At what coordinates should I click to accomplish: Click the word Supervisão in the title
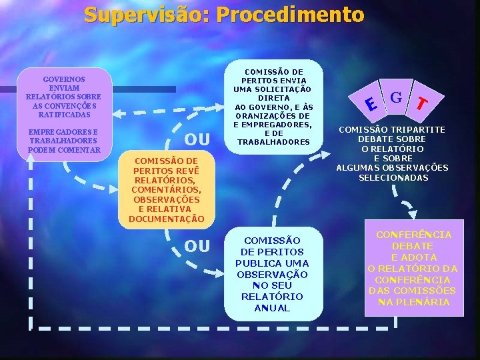coord(143,15)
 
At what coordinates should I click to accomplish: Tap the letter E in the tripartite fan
coord(371,103)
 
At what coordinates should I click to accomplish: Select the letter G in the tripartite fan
coord(395,97)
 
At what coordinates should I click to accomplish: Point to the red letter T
coord(421,103)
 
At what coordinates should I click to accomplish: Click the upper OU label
coord(197,140)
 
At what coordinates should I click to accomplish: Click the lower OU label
coord(197,247)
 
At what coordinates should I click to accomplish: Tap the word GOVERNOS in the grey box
coord(65,79)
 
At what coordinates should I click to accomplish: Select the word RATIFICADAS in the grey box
coord(65,115)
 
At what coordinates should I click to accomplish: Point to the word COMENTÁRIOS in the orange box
coord(166,190)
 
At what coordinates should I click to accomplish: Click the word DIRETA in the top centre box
coord(273,98)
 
